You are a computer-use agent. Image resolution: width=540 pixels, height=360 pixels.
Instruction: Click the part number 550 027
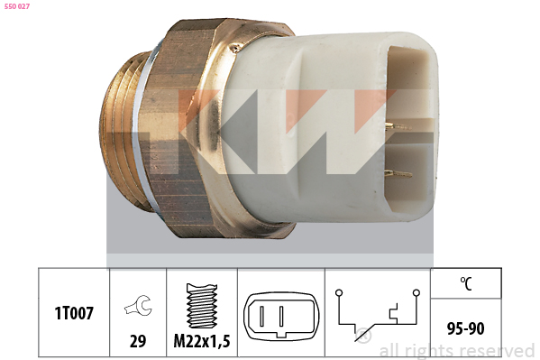(x=17, y=6)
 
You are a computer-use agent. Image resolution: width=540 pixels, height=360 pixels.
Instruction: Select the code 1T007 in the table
(x=74, y=313)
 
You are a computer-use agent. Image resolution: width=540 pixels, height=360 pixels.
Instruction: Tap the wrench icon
(x=138, y=305)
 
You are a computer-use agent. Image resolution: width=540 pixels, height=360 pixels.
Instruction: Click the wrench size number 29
(x=138, y=341)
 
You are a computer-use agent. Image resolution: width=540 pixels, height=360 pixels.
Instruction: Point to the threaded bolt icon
(x=202, y=306)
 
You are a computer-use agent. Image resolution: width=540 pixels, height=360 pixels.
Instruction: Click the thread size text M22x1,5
(x=202, y=341)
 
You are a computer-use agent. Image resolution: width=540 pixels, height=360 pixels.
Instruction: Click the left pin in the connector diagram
(x=262, y=316)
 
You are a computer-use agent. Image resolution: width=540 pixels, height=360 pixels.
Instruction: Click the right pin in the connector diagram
(x=281, y=316)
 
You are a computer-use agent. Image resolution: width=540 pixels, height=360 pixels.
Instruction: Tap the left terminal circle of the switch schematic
(x=339, y=292)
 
